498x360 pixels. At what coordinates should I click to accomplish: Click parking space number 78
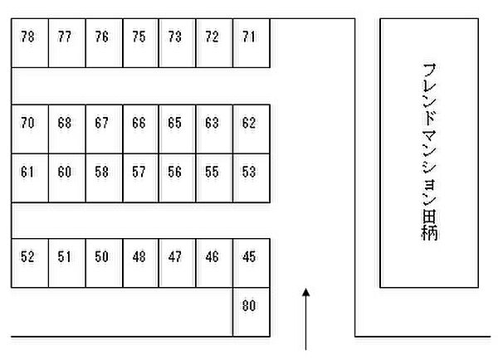[30, 43]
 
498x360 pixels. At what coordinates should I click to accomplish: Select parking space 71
[251, 43]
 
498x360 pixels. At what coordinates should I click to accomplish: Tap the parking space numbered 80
[251, 312]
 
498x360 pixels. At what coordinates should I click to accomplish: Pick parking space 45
[251, 263]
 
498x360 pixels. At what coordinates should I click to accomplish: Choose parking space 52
[30, 263]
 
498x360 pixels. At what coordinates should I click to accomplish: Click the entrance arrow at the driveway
[305, 319]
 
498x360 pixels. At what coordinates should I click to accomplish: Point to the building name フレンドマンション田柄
[430, 152]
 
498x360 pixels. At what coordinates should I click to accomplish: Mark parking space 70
[30, 129]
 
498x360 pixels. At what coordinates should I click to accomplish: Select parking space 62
[251, 129]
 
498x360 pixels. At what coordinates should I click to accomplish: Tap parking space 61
[30, 178]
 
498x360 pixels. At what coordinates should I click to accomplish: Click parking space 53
[251, 178]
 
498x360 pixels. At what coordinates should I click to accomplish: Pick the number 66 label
[139, 123]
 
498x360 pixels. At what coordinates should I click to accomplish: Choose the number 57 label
[139, 172]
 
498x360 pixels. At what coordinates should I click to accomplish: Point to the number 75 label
[139, 36]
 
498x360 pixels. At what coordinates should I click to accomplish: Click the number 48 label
[139, 256]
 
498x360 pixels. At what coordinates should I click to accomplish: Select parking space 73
[178, 43]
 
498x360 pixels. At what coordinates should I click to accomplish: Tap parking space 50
[105, 263]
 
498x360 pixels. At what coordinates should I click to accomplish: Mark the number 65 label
[174, 123]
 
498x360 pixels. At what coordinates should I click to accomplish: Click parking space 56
[178, 178]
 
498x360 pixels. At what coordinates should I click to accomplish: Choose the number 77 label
[65, 36]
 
